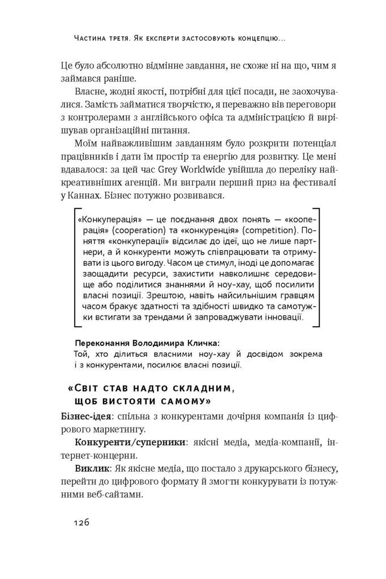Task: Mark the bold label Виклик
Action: pyautogui.click(x=91, y=468)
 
